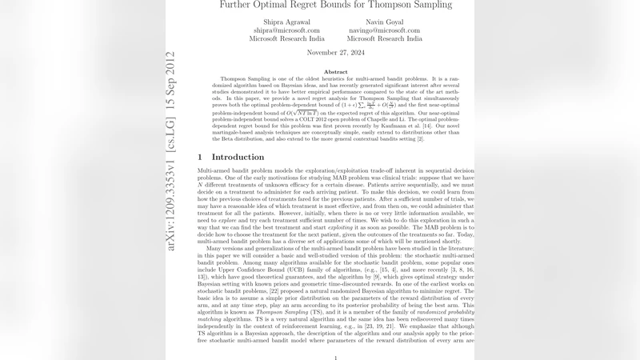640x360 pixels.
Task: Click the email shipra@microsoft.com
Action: point(286,30)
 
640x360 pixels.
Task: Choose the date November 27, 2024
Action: point(335,52)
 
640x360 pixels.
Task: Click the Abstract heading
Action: point(335,72)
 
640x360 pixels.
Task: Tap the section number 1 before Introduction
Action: point(200,157)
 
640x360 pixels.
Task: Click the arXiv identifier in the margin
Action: point(170,152)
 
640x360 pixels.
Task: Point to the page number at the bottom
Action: point(335,358)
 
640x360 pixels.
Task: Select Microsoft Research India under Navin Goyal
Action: point(384,38)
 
